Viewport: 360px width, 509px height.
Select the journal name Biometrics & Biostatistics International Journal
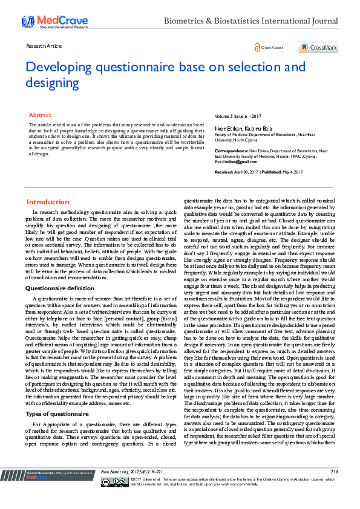coord(250,21)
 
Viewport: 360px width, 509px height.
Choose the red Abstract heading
coord(41,115)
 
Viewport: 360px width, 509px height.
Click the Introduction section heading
coord(48,202)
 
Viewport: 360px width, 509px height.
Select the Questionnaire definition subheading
coord(60,288)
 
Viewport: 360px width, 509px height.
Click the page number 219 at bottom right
coord(334,488)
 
